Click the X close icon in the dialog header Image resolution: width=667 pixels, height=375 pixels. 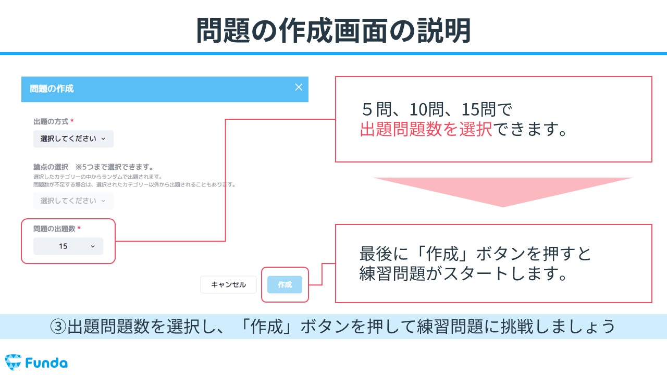click(x=299, y=87)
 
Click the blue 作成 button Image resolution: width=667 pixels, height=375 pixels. click(x=285, y=284)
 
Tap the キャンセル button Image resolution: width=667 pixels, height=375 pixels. click(x=228, y=284)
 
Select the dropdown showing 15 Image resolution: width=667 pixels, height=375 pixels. click(x=68, y=246)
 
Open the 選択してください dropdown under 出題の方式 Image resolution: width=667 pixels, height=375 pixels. click(x=73, y=139)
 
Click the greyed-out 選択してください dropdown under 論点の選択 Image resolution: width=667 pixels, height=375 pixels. click(x=73, y=201)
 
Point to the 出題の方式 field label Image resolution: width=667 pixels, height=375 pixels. click(x=51, y=121)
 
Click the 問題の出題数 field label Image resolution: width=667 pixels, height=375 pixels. click(x=54, y=229)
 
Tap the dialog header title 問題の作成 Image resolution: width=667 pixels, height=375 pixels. click(x=52, y=89)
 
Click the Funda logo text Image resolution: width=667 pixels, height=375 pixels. click(x=46, y=363)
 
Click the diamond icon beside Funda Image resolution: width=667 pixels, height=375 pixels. click(x=13, y=362)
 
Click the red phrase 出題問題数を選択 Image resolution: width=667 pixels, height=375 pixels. click(x=426, y=129)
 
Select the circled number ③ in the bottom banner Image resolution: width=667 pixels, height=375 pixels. click(x=58, y=326)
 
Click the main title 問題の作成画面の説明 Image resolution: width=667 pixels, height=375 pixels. click(x=333, y=30)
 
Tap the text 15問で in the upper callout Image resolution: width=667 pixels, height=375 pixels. click(x=487, y=109)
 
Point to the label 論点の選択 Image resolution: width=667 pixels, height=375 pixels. click(x=51, y=167)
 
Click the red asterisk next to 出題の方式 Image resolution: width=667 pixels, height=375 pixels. click(x=72, y=120)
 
